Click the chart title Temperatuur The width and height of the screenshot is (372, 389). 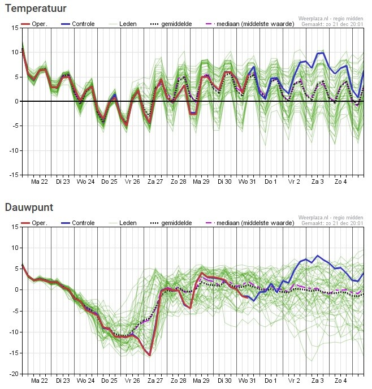coord(36,8)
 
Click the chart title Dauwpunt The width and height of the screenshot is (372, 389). coord(29,208)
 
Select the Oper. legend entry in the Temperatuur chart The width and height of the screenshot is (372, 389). coord(34,24)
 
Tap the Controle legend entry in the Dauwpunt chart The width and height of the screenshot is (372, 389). coord(78,223)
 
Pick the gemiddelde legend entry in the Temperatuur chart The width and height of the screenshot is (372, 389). coord(171,24)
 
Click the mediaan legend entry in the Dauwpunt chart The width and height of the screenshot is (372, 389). coord(250,223)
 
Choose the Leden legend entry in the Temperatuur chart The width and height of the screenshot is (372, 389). coord(123,24)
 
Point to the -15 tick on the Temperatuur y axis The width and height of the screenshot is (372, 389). coord(14,175)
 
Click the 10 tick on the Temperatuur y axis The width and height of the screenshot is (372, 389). coord(15,52)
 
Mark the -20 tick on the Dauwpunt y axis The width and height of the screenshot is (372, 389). coord(14,374)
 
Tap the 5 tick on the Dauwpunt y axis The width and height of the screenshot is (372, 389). coord(17,269)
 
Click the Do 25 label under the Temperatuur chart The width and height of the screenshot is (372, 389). coord(109,181)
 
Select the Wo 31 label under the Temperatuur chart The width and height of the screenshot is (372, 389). coord(246,181)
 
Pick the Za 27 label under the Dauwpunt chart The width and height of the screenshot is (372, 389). coord(155,381)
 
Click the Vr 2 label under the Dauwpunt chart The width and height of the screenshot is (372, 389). coord(294,381)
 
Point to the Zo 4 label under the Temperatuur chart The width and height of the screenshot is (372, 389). coord(340,181)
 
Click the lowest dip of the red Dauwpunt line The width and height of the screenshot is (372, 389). coord(150,355)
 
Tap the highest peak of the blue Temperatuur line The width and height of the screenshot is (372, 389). coord(323,53)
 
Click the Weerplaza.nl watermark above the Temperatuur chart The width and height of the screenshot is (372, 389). coord(331,19)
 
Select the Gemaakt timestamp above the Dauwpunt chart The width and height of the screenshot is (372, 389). coord(332,223)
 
